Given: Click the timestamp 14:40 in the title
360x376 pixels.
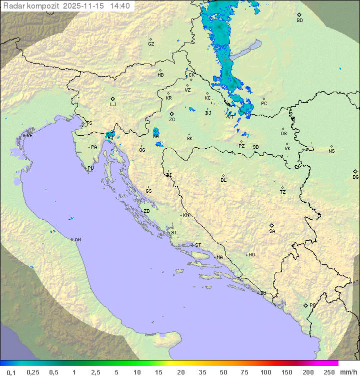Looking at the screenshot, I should [x=120, y=6].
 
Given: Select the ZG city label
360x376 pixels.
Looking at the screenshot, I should [x=172, y=120].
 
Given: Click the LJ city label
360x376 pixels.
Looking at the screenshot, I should [x=113, y=105].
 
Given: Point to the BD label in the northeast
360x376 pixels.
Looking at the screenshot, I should [x=299, y=21].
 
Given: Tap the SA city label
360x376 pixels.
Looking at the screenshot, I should [x=272, y=231].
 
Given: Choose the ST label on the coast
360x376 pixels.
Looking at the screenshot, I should [x=198, y=245].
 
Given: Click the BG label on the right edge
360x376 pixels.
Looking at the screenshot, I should [x=355, y=177].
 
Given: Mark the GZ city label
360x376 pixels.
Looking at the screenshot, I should [x=151, y=44].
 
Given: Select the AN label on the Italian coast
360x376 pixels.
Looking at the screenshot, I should [x=77, y=240].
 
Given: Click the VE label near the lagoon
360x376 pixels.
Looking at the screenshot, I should [x=29, y=136].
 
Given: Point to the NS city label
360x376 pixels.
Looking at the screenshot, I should [x=331, y=151].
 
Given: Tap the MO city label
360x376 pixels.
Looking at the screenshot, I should [x=251, y=255].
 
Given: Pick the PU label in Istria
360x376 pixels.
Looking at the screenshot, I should [x=90, y=168].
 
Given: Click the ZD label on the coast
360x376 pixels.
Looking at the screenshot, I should [x=146, y=211].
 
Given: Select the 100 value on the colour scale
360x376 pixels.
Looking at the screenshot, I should [x=265, y=372].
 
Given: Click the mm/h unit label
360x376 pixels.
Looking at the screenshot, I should [x=348, y=372].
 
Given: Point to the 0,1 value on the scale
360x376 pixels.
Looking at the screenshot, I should [x=11, y=372].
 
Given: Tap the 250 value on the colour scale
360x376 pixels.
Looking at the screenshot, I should [x=329, y=372].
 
